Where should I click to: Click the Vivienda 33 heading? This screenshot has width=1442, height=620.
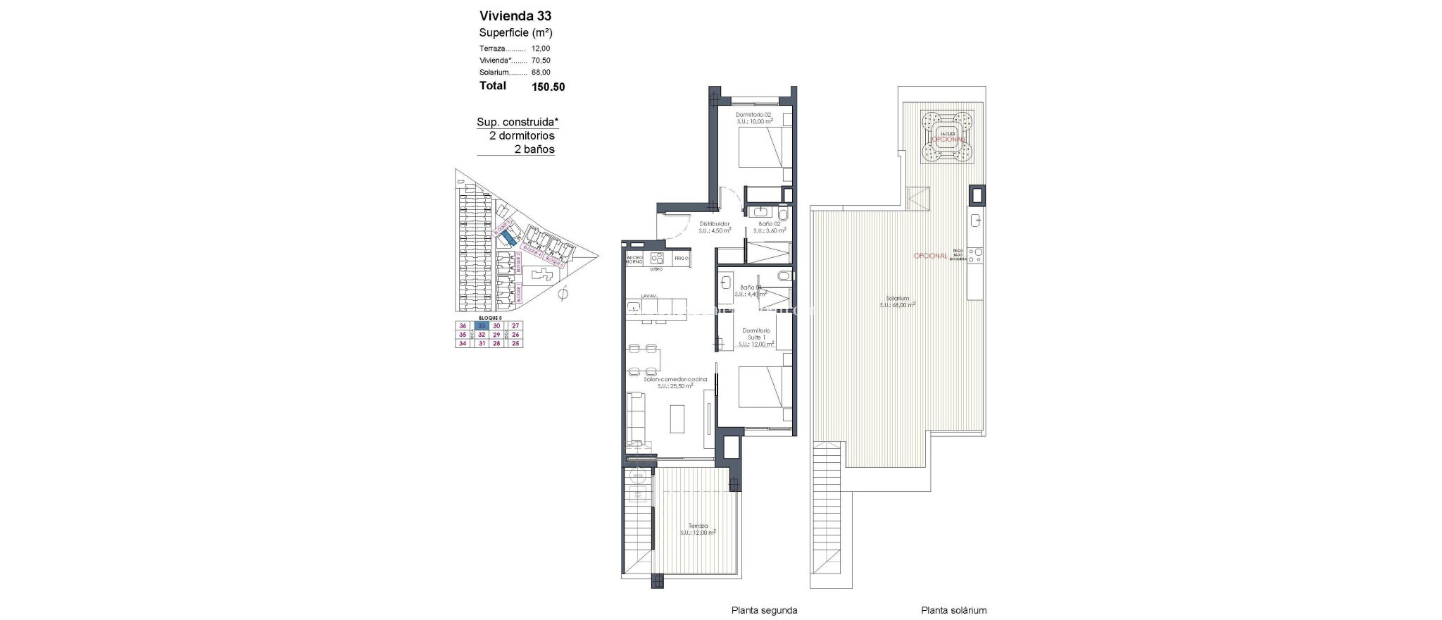(515, 15)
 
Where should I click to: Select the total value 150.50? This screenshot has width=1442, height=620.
(548, 87)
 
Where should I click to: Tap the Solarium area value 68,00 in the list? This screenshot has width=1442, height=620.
(541, 72)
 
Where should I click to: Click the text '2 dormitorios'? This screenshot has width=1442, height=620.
(522, 135)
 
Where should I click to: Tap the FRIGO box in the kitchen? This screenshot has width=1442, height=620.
(681, 259)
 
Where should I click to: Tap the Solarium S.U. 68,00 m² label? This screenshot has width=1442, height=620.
(897, 302)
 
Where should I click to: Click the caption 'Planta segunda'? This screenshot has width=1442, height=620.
(764, 611)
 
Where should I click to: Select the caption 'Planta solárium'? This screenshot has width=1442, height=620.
(953, 611)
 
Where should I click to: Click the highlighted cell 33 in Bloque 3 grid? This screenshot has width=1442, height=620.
(482, 325)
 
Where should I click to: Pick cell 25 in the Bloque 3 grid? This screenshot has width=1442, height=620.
(515, 343)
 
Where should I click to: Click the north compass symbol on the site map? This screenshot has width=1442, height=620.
(561, 294)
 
